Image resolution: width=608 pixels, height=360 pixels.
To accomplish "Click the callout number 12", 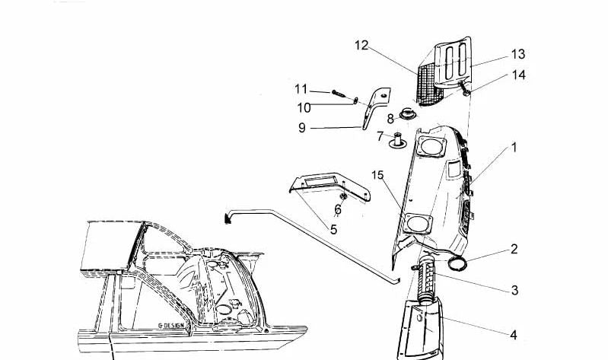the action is (361, 46).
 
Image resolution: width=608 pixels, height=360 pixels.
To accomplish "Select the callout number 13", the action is (518, 54).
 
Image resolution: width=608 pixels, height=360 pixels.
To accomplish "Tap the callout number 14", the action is (518, 75).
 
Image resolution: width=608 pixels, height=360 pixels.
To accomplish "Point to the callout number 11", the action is (301, 89).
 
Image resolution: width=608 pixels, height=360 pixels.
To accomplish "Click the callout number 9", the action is (301, 128).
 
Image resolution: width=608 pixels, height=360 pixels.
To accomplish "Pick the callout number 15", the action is (377, 176).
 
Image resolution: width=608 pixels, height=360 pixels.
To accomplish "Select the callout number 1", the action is (514, 148).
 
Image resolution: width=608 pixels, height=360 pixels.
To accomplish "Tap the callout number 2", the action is (514, 249).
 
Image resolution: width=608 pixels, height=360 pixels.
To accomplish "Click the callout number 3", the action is (514, 290).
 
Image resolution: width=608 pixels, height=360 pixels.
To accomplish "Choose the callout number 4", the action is (514, 334).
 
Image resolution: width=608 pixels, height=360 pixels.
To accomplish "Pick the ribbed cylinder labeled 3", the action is (425, 280).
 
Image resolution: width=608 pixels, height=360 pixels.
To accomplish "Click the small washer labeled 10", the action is (355, 99).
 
